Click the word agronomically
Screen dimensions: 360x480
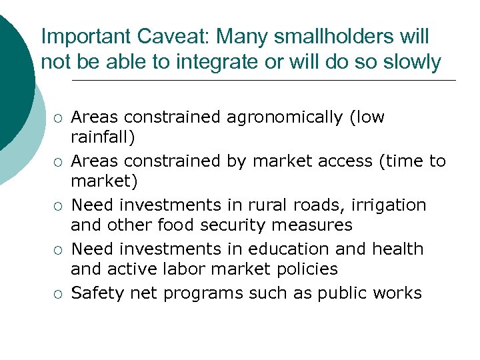point(285,117)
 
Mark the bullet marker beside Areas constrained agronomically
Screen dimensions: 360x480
point(57,118)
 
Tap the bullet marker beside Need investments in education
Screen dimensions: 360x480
point(57,250)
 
